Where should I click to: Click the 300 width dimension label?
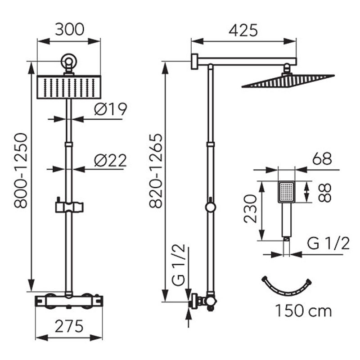[x=70, y=29]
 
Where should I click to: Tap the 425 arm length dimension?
[x=243, y=30]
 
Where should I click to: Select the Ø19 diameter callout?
[x=110, y=109]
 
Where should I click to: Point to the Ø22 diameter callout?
[x=110, y=160]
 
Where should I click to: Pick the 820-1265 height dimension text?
[x=156, y=171]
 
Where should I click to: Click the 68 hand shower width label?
[x=322, y=158]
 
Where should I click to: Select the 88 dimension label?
[x=325, y=193]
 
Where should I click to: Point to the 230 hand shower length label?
[x=250, y=209]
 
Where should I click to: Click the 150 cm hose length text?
[x=303, y=311]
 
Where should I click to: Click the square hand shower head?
[x=286, y=192]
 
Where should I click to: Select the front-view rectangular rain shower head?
[x=69, y=87]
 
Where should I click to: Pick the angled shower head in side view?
[x=288, y=81]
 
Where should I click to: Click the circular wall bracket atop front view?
[x=69, y=61]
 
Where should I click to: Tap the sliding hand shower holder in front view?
[x=69, y=207]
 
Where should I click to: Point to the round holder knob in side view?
[x=211, y=207]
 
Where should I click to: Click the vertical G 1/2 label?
[x=178, y=265]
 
